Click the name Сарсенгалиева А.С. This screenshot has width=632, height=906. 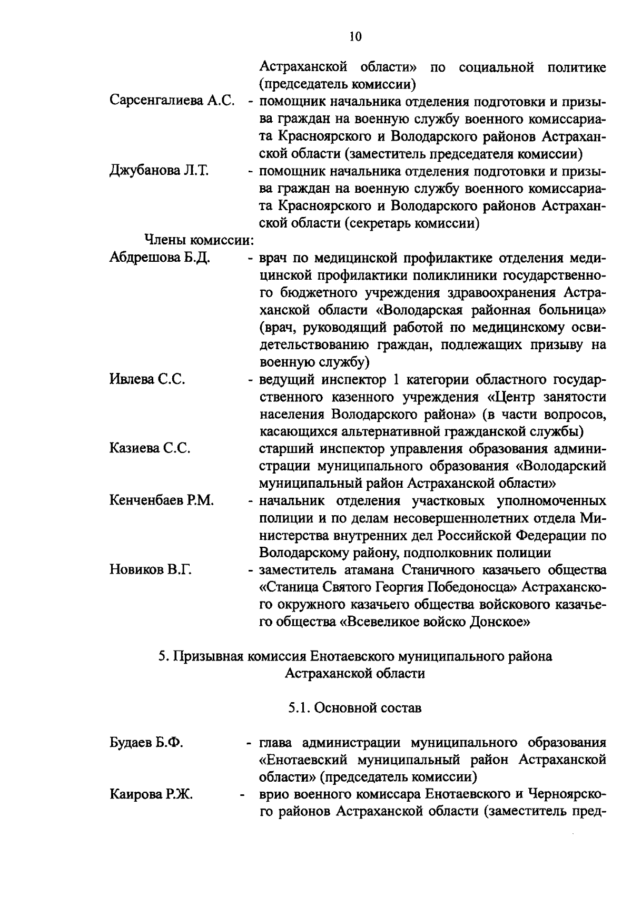pyautogui.click(x=172, y=102)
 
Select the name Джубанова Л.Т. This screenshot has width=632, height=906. pyautogui.click(x=159, y=171)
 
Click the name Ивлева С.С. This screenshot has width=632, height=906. pyautogui.click(x=147, y=379)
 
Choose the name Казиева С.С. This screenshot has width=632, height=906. pyautogui.click(x=150, y=449)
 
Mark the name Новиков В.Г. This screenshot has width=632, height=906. pyautogui.click(x=150, y=570)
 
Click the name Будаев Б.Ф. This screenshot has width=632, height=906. pyautogui.click(x=146, y=743)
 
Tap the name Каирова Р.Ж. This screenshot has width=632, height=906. pyautogui.click(x=151, y=795)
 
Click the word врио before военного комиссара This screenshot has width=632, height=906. pyautogui.click(x=275, y=795)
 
